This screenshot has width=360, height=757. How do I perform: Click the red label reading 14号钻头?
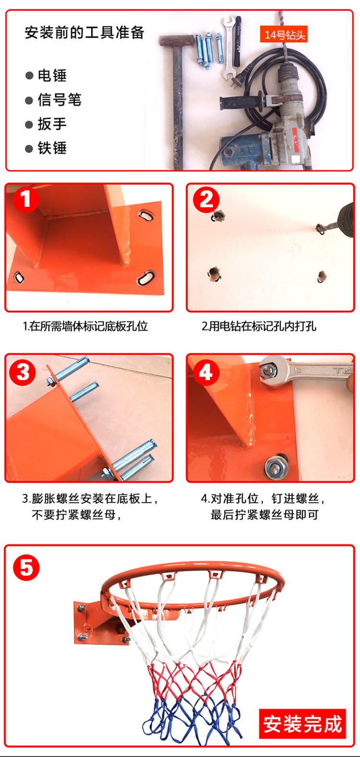284,35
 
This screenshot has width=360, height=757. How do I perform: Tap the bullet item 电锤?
46,75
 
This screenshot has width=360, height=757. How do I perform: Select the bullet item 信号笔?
53,100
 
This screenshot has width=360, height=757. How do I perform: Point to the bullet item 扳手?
46,124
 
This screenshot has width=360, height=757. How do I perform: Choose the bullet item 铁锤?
46,148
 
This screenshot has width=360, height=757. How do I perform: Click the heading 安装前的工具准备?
84,33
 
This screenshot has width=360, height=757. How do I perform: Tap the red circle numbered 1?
26,200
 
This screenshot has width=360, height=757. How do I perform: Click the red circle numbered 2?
206,200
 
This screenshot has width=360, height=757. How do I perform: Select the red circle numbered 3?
23,372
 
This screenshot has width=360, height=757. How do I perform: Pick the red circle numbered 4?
206,372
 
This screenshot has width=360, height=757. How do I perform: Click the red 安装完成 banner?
302,724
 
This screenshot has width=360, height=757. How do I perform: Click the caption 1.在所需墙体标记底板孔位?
85,326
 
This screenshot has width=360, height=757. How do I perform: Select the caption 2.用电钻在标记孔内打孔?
259,326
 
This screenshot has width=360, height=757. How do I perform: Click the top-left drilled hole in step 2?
218,215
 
